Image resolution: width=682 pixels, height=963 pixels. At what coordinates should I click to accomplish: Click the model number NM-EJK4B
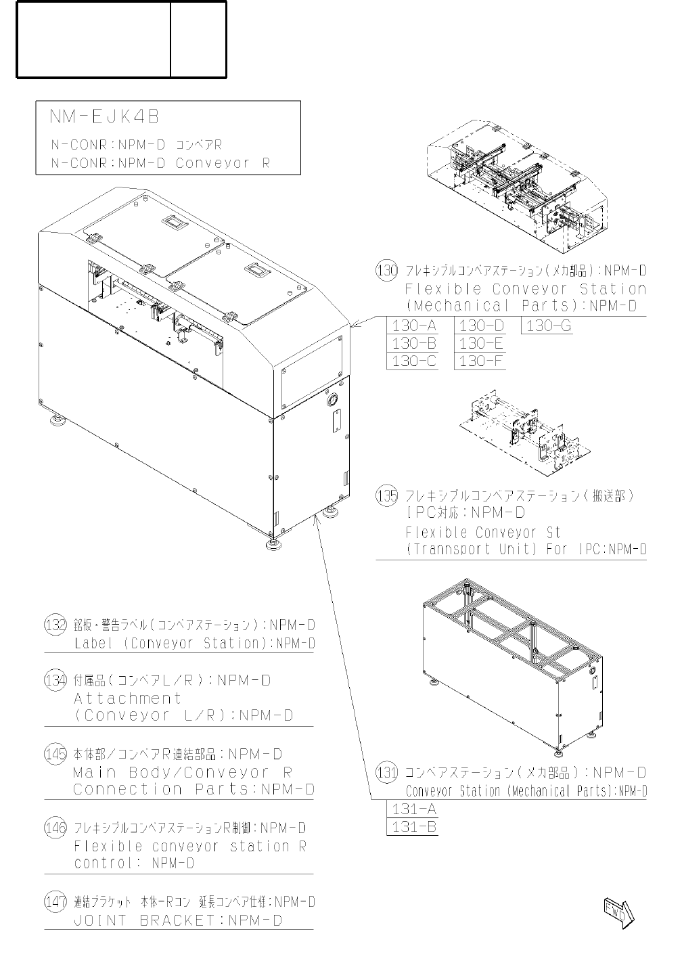click(104, 117)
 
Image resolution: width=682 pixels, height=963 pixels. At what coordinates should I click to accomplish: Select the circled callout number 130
click(386, 271)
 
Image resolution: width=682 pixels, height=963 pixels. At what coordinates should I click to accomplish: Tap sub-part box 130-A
click(414, 326)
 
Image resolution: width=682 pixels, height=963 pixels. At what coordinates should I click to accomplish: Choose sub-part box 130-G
click(548, 326)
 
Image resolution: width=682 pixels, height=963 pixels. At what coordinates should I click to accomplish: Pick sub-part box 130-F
click(481, 361)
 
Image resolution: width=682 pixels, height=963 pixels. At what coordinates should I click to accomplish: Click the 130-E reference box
click(481, 343)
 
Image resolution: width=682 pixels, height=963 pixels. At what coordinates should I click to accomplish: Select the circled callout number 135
click(386, 496)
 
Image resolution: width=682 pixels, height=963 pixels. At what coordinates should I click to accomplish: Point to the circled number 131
click(386, 772)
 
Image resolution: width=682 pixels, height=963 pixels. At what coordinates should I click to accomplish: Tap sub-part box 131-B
click(413, 826)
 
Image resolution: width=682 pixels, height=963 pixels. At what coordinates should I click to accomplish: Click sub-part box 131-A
click(413, 809)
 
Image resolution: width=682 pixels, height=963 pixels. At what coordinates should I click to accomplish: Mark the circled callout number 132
click(55, 625)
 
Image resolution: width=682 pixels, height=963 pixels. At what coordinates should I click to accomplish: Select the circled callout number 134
click(55, 680)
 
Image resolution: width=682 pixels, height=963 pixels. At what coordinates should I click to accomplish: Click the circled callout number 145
click(55, 754)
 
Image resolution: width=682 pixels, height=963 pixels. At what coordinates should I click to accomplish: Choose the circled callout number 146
click(55, 828)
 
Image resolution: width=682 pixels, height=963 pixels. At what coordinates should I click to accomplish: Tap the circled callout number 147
click(55, 901)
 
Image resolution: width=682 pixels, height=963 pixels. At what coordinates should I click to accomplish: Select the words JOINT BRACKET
click(147, 920)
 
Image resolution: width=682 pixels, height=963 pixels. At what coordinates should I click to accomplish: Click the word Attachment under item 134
click(128, 698)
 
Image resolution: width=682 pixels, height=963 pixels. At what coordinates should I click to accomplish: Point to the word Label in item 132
click(93, 643)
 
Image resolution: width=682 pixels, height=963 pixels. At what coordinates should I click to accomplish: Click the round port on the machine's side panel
click(333, 401)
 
